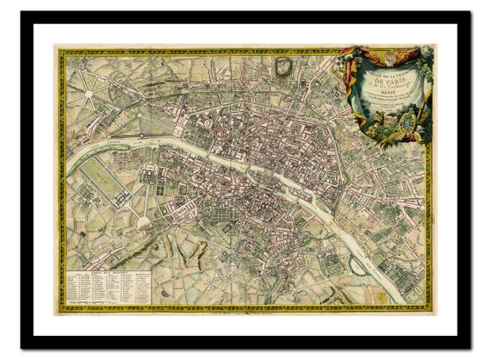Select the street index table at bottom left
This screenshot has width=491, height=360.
[x=109, y=287]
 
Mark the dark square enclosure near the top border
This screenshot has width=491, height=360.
[x=283, y=65]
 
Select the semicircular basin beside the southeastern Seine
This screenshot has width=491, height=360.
[x=357, y=264]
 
